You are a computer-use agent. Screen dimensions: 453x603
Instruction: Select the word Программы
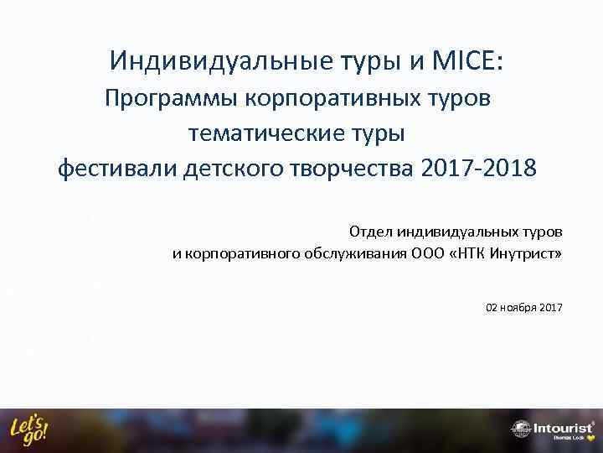click(x=172, y=98)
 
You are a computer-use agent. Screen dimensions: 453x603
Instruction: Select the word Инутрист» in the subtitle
click(x=531, y=254)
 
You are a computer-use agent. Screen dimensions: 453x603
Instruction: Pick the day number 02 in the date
click(x=492, y=308)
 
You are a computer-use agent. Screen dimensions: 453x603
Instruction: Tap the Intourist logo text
click(x=563, y=428)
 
